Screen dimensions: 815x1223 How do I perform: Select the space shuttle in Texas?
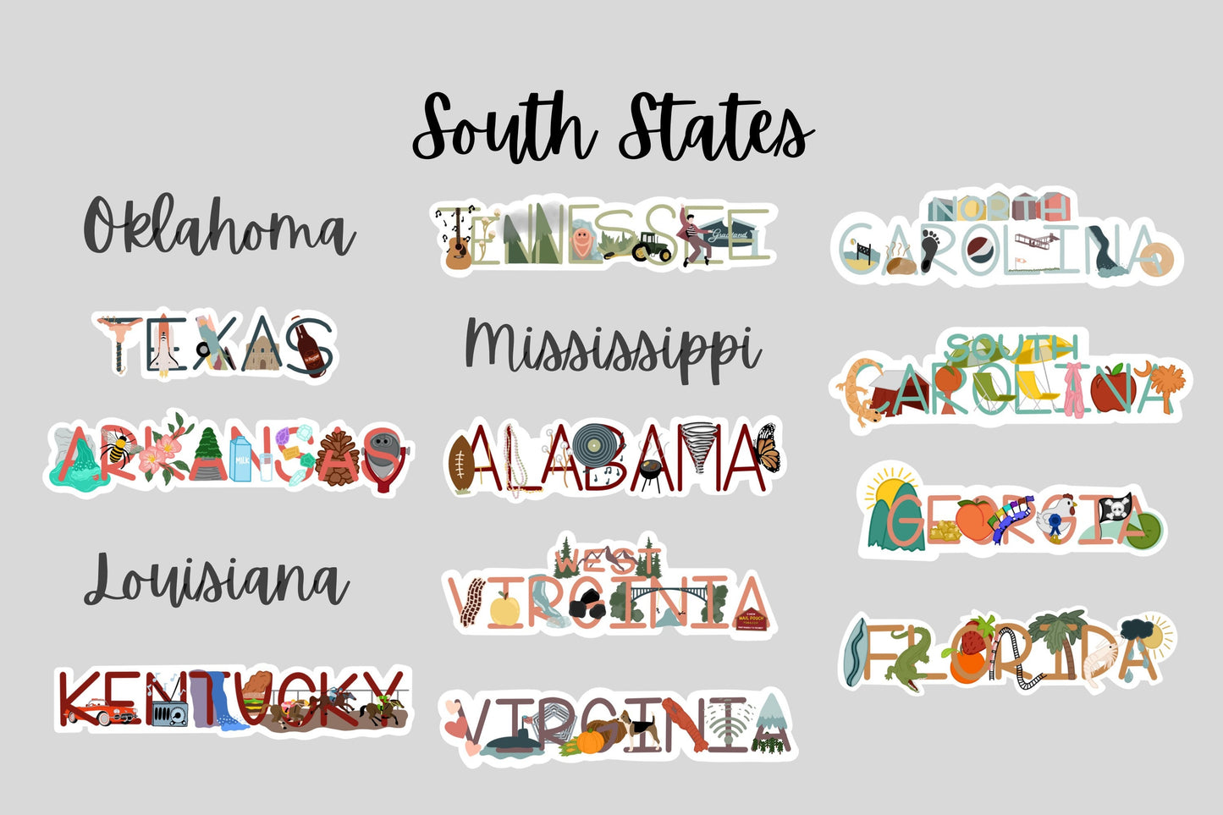pos(164,348)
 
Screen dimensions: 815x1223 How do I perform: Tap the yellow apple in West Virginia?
pos(506,608)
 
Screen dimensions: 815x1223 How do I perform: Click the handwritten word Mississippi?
pos(611,348)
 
